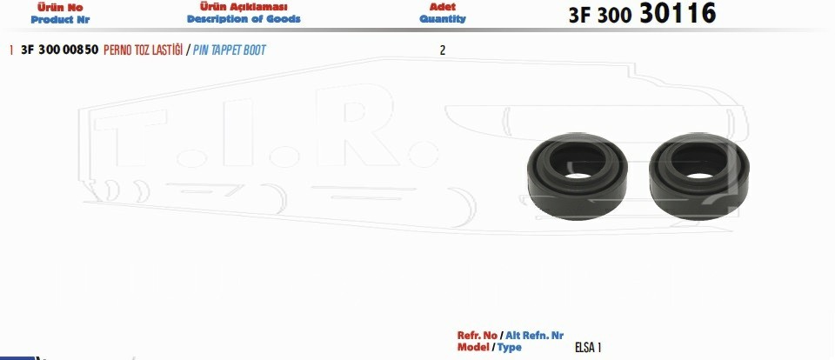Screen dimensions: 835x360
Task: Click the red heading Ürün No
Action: pos(60,8)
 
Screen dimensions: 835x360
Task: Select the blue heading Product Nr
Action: pos(60,20)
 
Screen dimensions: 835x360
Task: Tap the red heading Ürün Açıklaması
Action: pos(244,7)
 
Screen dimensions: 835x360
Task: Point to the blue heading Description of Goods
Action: pos(244,19)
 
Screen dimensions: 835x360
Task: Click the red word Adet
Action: pos(443,8)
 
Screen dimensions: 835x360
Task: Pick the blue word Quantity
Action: pos(443,19)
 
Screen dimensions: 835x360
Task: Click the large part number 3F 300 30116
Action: pos(642,14)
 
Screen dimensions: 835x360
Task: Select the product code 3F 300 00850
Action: pos(60,50)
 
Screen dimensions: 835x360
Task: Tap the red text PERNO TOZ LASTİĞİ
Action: pos(143,50)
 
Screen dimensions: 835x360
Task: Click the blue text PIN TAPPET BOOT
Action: pos(229,50)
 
